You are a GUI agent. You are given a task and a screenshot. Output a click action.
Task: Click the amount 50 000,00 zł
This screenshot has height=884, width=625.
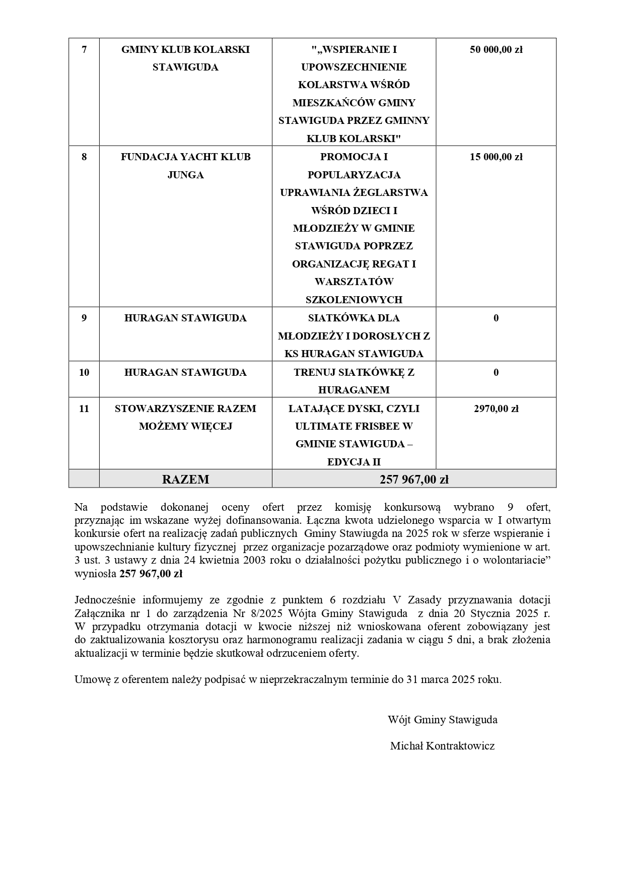(x=496, y=49)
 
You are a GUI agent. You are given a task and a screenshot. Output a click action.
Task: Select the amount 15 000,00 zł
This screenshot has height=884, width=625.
(x=496, y=157)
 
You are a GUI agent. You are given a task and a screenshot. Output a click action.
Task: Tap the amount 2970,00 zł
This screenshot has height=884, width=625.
(x=496, y=409)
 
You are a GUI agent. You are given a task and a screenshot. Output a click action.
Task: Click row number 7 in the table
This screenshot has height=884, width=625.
(x=84, y=49)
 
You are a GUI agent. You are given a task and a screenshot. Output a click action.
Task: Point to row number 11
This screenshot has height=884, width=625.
(x=84, y=409)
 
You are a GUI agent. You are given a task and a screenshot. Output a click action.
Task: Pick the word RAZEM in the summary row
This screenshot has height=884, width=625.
(x=185, y=480)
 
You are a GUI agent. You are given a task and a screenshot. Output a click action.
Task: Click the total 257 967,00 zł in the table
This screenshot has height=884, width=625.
(x=414, y=480)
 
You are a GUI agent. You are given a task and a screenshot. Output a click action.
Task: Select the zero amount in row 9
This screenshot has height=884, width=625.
(x=496, y=318)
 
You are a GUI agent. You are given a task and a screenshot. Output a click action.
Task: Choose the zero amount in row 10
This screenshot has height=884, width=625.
(x=496, y=372)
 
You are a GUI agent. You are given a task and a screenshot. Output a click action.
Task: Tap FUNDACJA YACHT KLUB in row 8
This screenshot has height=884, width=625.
(x=185, y=157)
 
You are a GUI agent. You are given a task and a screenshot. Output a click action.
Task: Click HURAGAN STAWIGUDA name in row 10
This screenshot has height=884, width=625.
(x=185, y=372)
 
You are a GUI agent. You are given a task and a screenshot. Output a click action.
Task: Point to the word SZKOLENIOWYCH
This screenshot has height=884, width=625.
(x=354, y=300)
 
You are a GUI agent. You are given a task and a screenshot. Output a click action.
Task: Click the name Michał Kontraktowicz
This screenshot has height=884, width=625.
(x=442, y=746)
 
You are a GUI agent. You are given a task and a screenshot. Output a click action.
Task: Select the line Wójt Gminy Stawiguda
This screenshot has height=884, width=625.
(x=442, y=720)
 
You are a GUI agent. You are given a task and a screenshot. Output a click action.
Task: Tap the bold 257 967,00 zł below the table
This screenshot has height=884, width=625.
(x=151, y=574)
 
